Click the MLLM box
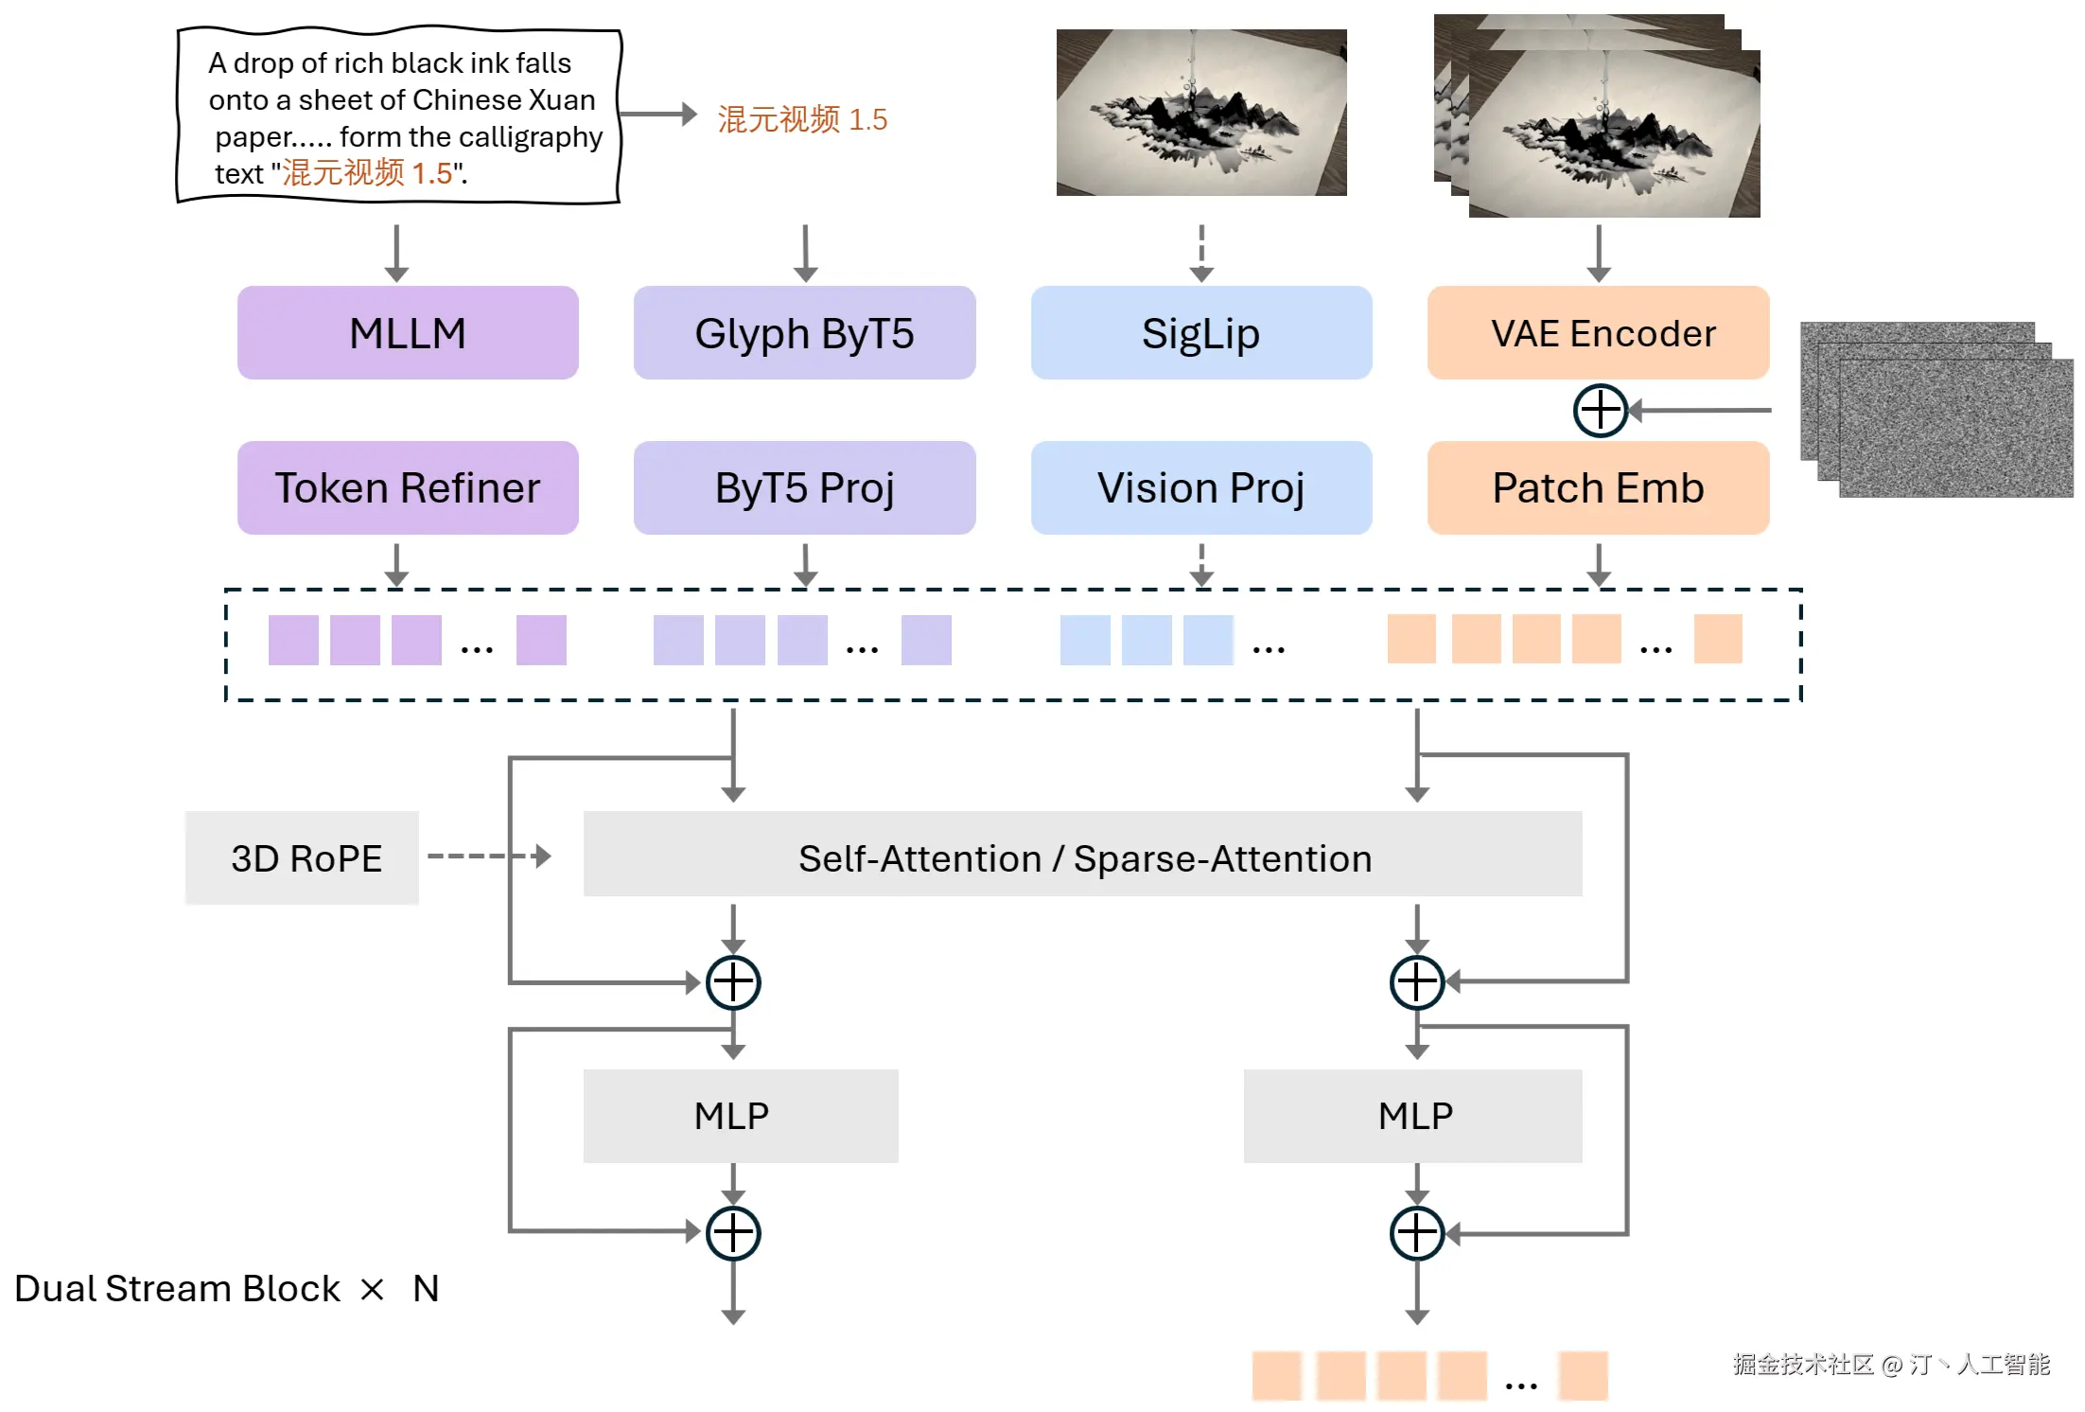pyautogui.click(x=408, y=333)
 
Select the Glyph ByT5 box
pyautogui.click(x=804, y=333)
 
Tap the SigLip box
pyautogui.click(x=1201, y=333)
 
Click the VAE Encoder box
pyautogui.click(x=1599, y=333)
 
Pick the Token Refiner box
pyautogui.click(x=408, y=487)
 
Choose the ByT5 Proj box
pyautogui.click(x=804, y=487)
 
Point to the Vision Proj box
pyautogui.click(x=1201, y=487)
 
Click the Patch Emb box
pyautogui.click(x=1599, y=487)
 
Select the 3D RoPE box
pyautogui.click(x=302, y=857)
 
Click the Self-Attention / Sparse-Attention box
pyautogui.click(x=1082, y=854)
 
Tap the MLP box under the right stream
pyautogui.click(x=1413, y=1116)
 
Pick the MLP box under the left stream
pyautogui.click(x=741, y=1116)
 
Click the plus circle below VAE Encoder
pyautogui.click(x=1600, y=411)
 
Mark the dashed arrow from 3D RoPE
pyautogui.click(x=489, y=856)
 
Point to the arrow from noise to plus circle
pyautogui.click(x=1700, y=411)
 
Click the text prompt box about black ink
pyautogui.click(x=399, y=115)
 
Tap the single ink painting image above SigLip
pyautogui.click(x=1201, y=113)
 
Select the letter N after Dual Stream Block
pyautogui.click(x=426, y=1288)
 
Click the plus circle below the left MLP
pyautogui.click(x=733, y=1233)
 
